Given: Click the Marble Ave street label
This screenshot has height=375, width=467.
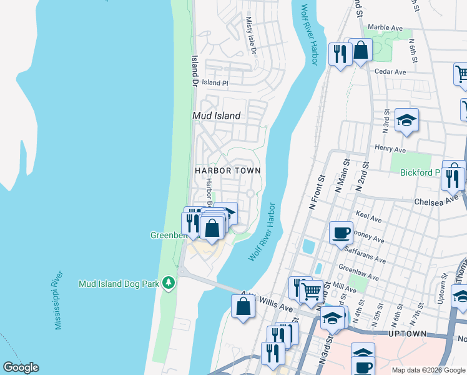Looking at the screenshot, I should tap(385, 27).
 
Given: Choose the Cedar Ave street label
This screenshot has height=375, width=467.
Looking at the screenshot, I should tap(390, 72).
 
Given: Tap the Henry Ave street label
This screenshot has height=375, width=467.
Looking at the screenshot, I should tap(390, 149).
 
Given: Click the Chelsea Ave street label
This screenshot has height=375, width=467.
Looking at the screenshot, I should tap(436, 201).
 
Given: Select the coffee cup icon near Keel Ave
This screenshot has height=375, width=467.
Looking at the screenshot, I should tap(341, 233).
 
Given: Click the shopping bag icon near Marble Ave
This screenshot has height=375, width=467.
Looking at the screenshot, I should tap(361, 51).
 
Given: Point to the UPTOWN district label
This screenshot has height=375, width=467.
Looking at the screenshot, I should tap(407, 334).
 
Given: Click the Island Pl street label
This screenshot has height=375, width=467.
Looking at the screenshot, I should tap(215, 82).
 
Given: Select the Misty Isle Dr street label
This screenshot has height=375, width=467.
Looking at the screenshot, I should tap(251, 35).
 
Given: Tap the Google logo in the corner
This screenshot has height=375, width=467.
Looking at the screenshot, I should tap(21, 367).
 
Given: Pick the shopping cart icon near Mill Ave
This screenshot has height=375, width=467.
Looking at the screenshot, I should tap(311, 291).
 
